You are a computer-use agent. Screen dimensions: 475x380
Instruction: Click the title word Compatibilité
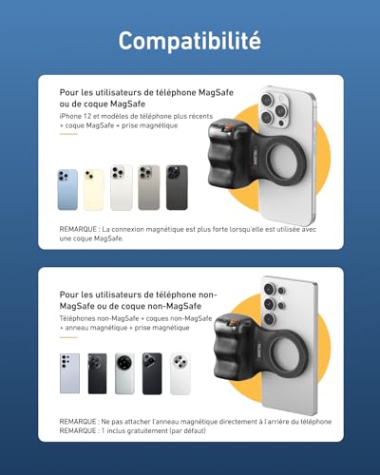click(189, 40)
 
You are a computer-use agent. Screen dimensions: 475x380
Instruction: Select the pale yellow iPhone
click(95, 188)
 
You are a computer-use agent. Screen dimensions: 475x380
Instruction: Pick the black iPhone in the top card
click(177, 187)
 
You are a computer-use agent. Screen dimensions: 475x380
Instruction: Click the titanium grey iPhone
click(149, 187)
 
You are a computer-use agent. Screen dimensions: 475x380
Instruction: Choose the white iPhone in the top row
click(122, 187)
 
